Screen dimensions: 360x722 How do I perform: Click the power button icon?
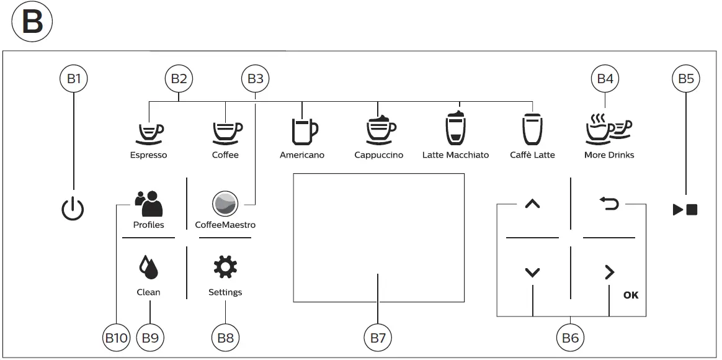tap(73, 210)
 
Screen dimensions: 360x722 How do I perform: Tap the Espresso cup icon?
tap(149, 131)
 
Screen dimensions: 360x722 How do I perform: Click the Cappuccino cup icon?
tap(380, 129)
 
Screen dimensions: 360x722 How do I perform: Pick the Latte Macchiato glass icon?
tap(456, 129)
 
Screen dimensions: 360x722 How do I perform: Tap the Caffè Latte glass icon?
tap(532, 129)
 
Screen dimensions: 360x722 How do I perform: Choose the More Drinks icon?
tap(608, 129)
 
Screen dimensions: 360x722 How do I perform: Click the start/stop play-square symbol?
tap(685, 210)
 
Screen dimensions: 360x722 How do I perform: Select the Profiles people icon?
tap(149, 203)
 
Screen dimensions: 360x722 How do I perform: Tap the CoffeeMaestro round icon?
tap(225, 204)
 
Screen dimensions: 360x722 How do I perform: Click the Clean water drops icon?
tap(148, 268)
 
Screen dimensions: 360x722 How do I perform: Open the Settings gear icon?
tap(225, 268)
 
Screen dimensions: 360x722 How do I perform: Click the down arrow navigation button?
tap(532, 272)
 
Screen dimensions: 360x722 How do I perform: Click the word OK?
tap(630, 295)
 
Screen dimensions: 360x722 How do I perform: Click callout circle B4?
tap(605, 79)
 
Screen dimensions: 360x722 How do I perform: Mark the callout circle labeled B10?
tap(115, 338)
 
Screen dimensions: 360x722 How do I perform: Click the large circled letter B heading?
tap(32, 24)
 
